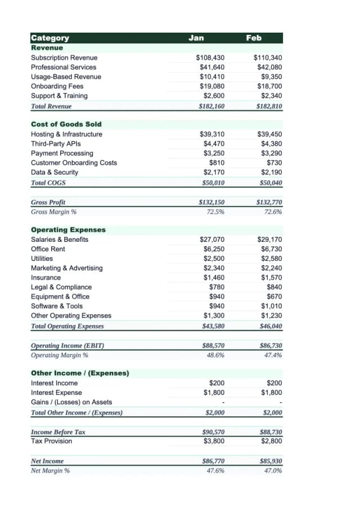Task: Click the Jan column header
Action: coord(196,38)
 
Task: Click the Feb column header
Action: coord(254,38)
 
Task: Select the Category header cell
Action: coord(50,38)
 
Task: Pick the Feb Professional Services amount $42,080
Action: coord(269,67)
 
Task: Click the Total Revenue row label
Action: coord(51,106)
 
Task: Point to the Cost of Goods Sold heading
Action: coord(66,124)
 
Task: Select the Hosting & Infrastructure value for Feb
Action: coord(269,134)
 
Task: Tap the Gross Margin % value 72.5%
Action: coord(216,211)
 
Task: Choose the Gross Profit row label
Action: coord(48,202)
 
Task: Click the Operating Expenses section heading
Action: coord(68,229)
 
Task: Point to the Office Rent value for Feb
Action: coord(271,249)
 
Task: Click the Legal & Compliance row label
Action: coord(61,287)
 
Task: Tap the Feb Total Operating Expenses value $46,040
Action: coord(271,326)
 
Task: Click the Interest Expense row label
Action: coord(56,392)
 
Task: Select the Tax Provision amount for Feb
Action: coord(271,440)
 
